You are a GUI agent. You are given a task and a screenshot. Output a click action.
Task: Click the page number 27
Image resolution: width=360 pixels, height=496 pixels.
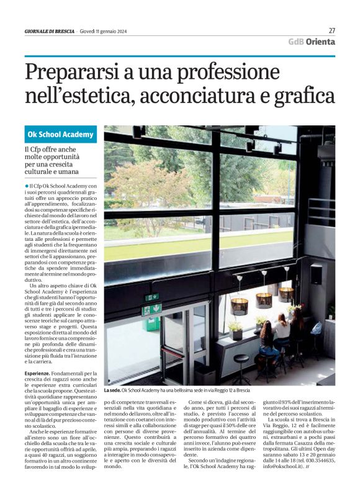pos(331,30)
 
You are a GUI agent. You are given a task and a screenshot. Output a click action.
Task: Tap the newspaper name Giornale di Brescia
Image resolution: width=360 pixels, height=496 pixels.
pos(50,31)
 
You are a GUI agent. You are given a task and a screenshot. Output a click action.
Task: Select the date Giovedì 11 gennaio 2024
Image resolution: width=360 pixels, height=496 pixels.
pos(107,31)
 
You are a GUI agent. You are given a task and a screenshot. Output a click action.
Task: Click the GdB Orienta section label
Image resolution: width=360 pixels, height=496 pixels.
pos(312,42)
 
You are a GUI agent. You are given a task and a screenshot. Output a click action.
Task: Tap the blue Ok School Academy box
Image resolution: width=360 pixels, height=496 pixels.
pos(60,134)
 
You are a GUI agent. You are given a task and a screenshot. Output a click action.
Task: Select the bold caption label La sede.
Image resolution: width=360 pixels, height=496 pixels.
pos(112,390)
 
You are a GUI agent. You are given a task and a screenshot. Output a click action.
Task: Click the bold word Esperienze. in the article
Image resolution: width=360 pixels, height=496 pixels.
pos(37,356)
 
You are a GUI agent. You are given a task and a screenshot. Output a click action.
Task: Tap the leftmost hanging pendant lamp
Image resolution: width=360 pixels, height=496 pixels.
pos(239,305)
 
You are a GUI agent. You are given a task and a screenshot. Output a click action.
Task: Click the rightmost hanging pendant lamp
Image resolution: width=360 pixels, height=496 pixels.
pos(286,292)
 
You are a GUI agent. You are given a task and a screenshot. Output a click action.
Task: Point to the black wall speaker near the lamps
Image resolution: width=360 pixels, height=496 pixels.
pos(316,274)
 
